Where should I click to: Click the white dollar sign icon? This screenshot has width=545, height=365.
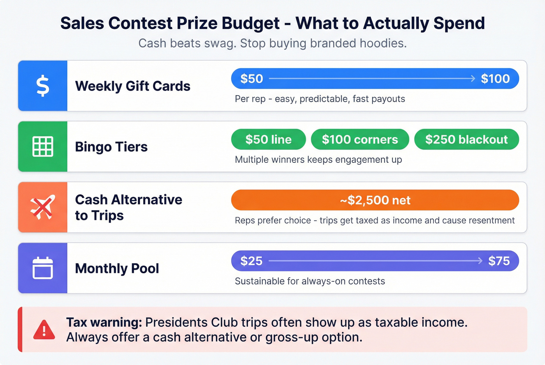43,86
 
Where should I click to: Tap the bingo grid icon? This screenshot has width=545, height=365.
43,147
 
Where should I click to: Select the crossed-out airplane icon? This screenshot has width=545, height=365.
43,207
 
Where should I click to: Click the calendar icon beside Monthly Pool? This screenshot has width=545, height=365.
43,268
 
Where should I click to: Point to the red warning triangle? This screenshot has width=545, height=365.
44,330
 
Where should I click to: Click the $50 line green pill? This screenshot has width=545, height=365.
268,140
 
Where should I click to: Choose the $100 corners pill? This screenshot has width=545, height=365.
360,140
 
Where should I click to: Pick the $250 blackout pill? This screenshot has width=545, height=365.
466,140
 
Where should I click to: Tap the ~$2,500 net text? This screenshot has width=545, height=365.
375,200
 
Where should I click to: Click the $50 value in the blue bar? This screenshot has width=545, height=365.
251,79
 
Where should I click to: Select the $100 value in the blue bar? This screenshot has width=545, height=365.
495,79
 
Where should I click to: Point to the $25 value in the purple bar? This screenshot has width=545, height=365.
251,261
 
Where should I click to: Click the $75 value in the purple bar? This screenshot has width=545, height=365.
499,261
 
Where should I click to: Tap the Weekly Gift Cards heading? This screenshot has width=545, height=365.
133,86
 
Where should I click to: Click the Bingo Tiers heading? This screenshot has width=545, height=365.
111,147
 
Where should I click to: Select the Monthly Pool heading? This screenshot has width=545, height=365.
117,268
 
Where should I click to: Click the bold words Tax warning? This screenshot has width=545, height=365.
104,322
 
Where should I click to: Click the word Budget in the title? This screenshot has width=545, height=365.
251,23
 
